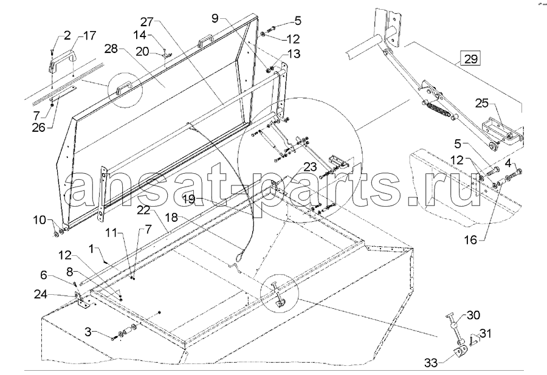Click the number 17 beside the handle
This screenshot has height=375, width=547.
(89, 36)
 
